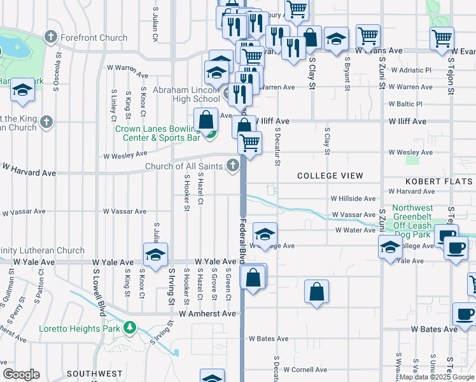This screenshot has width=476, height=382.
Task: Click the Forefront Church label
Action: (94, 38)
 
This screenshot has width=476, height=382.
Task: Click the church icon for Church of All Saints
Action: (234, 166)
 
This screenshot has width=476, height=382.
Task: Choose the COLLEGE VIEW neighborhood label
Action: (330, 176)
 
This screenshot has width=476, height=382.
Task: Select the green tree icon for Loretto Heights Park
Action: (130, 328)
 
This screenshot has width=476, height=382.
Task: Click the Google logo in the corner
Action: (21, 374)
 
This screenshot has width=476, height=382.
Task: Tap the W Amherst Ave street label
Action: (207, 313)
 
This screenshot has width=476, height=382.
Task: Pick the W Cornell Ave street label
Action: (305, 369)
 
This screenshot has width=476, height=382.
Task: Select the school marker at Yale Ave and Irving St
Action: (155, 255)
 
